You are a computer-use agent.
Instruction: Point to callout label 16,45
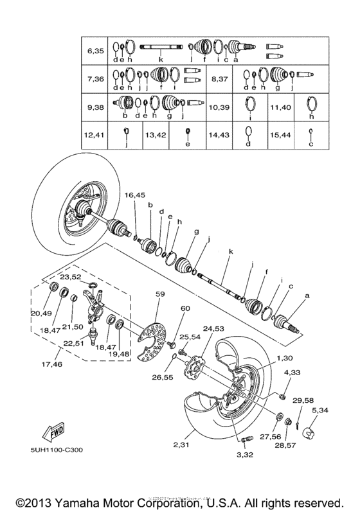136,195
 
